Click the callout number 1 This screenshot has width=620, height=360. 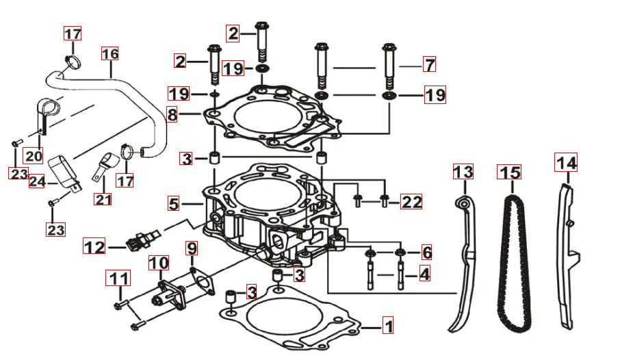[387, 326]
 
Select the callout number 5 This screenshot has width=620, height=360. [174, 204]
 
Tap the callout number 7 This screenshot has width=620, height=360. [429, 65]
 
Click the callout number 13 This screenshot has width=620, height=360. [463, 172]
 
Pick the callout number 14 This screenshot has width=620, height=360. [566, 163]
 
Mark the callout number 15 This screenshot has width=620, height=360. [510, 173]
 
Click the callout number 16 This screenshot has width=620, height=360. [109, 53]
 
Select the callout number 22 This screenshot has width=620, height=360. [412, 201]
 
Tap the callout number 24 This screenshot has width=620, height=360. [37, 181]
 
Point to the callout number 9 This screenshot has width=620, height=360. [192, 248]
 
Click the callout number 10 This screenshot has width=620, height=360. [158, 263]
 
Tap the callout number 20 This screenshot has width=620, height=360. [34, 155]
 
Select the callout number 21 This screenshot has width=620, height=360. [103, 200]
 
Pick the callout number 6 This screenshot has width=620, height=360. [426, 253]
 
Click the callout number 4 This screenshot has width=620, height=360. [424, 274]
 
